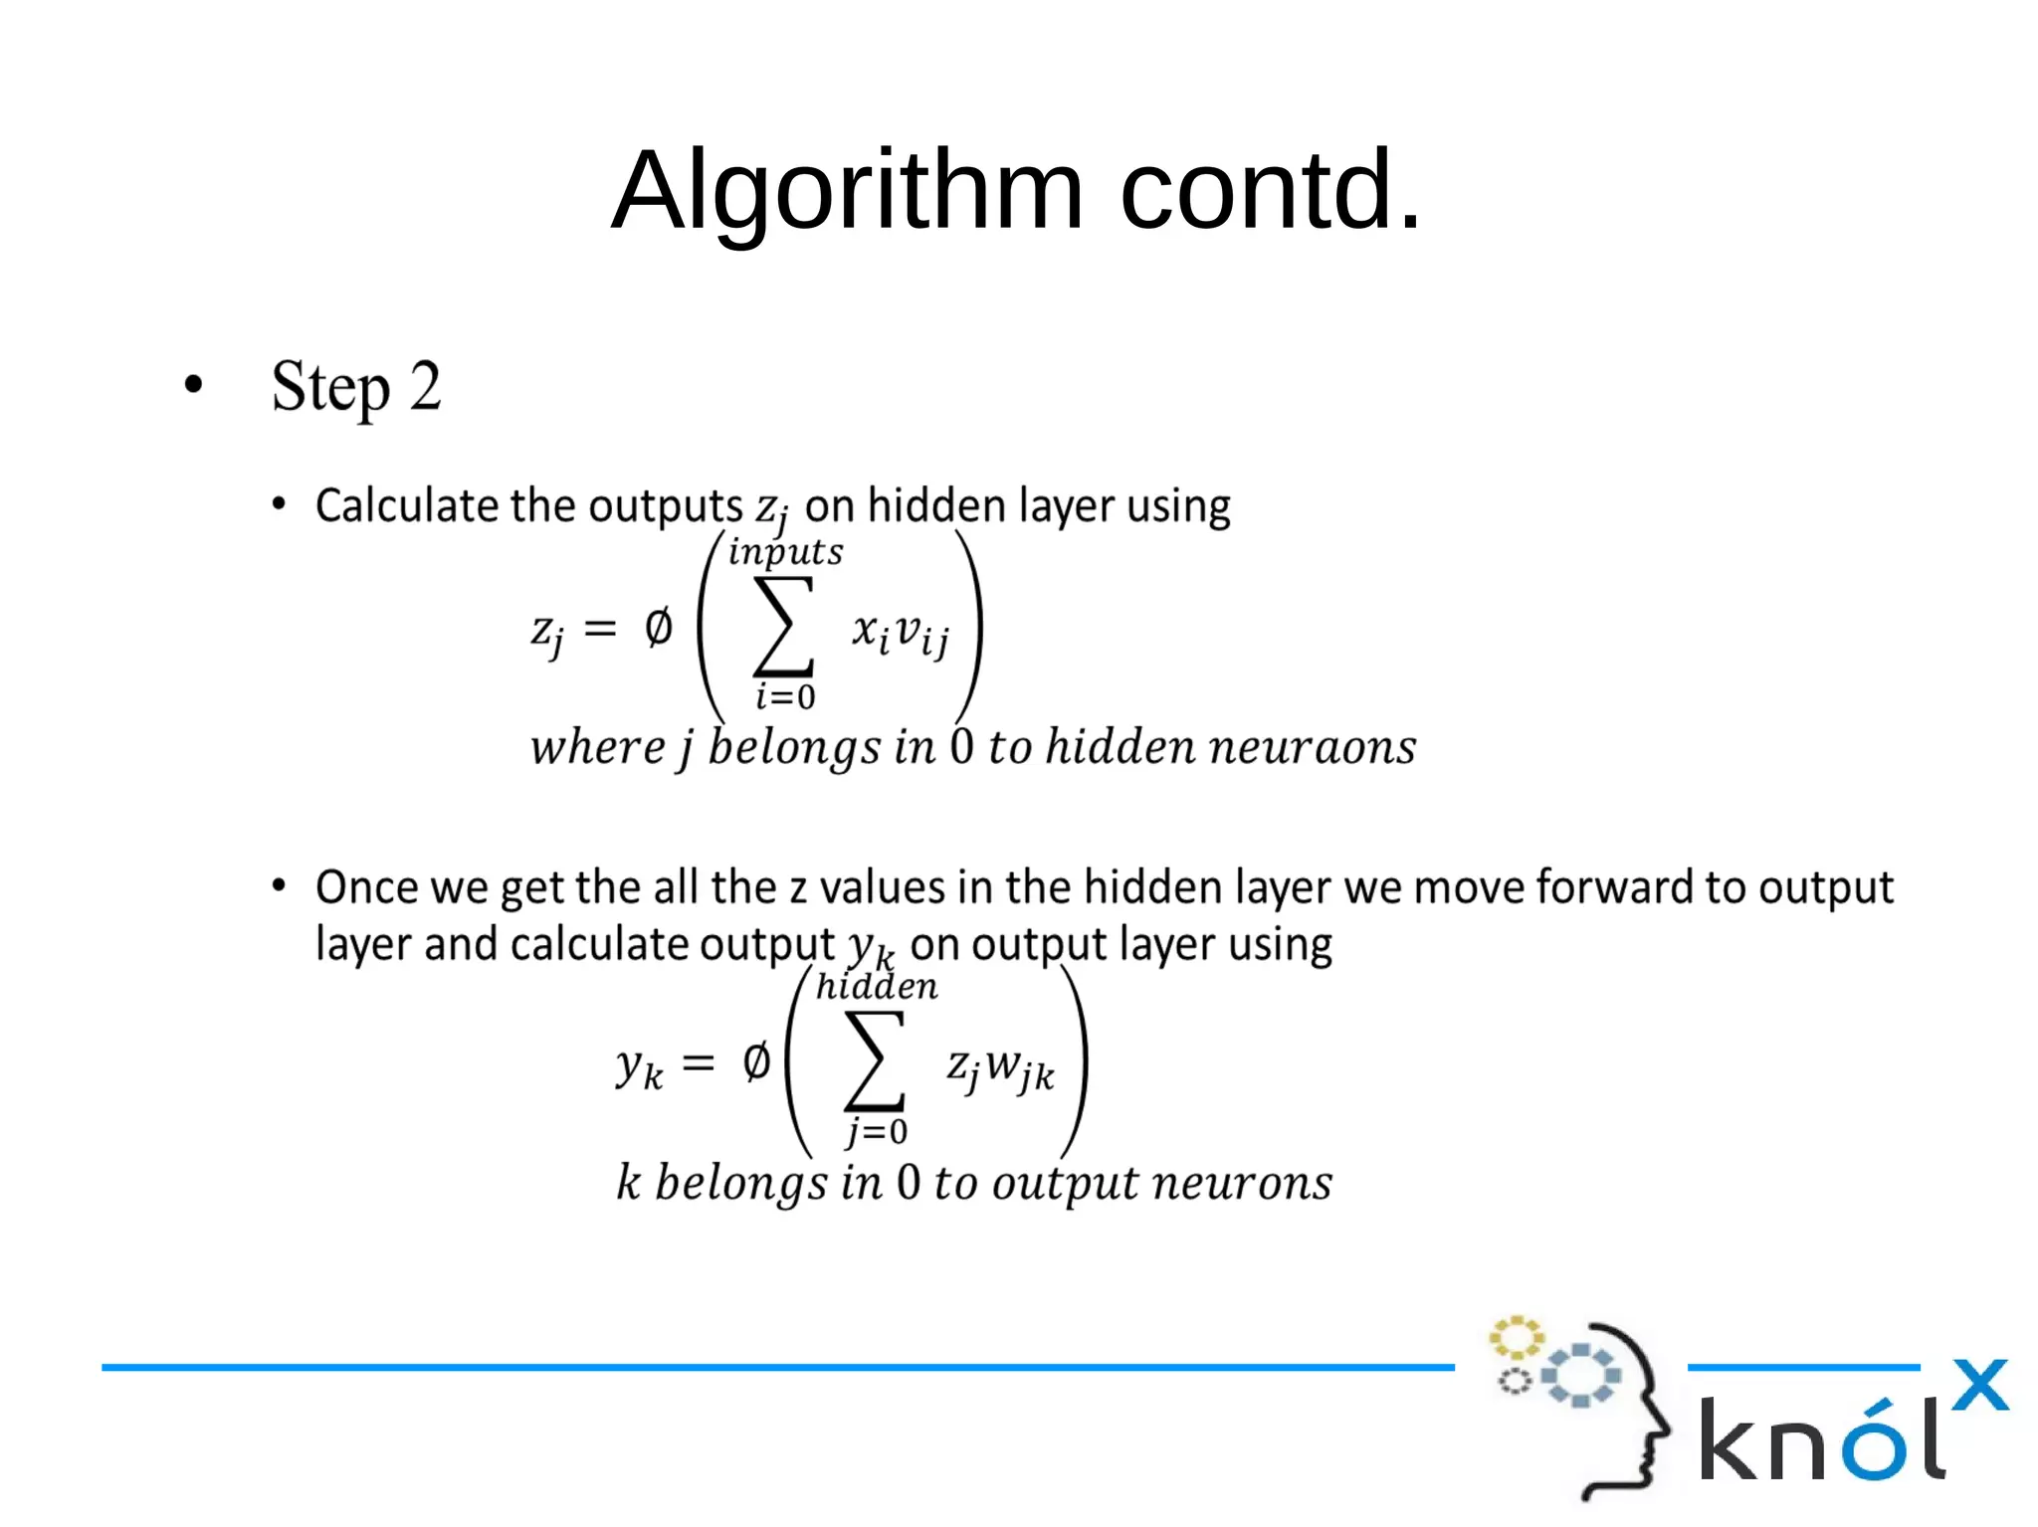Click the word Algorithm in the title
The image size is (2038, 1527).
click(x=847, y=191)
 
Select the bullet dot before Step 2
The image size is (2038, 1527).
click(x=194, y=385)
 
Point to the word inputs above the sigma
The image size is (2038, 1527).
click(x=785, y=552)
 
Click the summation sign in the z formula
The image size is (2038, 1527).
click(x=784, y=627)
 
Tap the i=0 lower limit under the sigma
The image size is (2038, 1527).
click(x=785, y=696)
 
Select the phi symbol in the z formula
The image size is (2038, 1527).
click(x=658, y=628)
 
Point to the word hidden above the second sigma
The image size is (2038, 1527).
click(x=876, y=987)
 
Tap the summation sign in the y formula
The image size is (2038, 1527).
click(x=875, y=1061)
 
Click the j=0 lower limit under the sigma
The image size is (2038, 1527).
click(x=877, y=1131)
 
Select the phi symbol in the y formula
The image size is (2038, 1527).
click(x=756, y=1062)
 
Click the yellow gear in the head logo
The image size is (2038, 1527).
click(x=1516, y=1338)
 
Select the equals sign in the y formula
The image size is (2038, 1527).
click(x=699, y=1063)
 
